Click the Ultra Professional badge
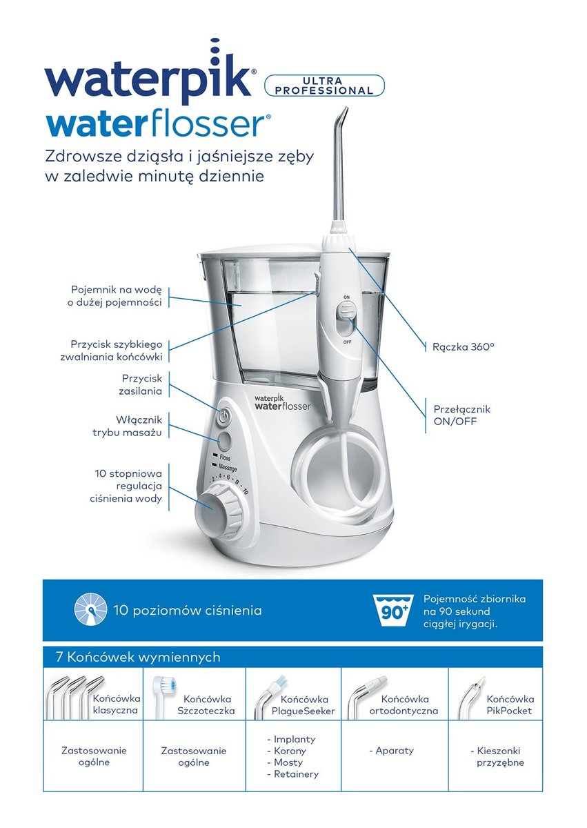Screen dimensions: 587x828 coord(324,86)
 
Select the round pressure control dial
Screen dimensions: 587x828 coord(217,506)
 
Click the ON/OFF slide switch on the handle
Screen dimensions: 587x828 coord(346,313)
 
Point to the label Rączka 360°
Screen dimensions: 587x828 coord(464,346)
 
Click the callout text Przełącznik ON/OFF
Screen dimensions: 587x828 coord(461,415)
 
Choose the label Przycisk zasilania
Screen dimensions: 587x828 coord(140,385)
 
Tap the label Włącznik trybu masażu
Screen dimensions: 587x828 coord(127,426)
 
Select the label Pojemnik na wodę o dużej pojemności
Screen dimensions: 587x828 coord(115,296)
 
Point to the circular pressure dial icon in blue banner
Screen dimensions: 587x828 coord(90,620)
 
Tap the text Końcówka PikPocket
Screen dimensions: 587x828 coord(510,704)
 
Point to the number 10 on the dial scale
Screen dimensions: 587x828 coord(246,491)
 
